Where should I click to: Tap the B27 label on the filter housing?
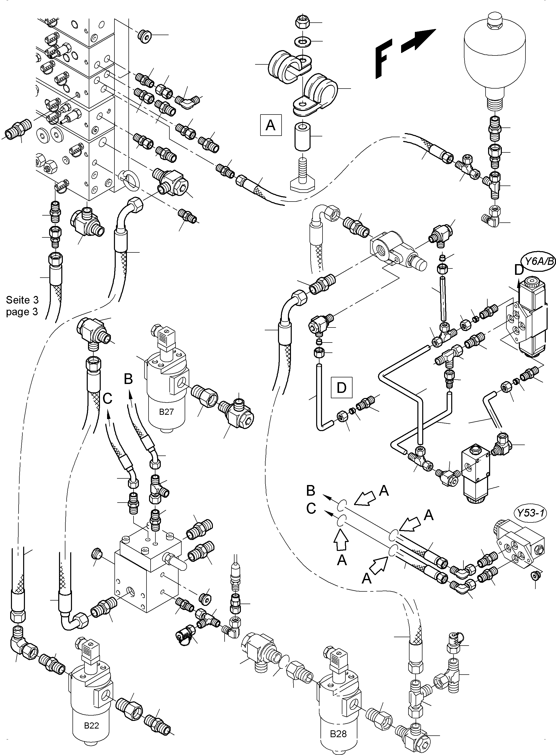(x=166, y=411)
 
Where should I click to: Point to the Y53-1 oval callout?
(x=530, y=513)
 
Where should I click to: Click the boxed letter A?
(x=271, y=125)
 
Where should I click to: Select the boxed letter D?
(x=341, y=388)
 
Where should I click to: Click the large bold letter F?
(x=384, y=59)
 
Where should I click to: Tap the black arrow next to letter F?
(x=418, y=40)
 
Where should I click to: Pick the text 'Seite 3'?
(x=22, y=300)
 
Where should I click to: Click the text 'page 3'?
(x=22, y=311)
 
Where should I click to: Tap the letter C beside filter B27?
(x=107, y=398)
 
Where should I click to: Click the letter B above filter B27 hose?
(x=128, y=379)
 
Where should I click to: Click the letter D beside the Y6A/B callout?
(x=519, y=270)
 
